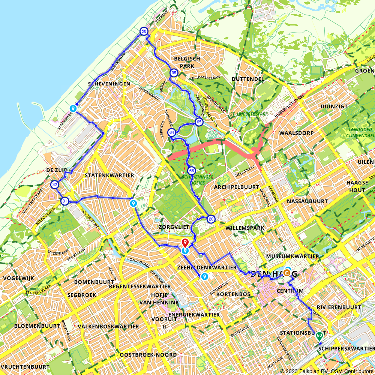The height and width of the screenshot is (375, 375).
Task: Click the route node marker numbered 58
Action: [144, 31]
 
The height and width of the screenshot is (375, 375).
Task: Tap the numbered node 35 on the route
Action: [173, 73]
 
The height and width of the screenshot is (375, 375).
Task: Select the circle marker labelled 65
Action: [199, 122]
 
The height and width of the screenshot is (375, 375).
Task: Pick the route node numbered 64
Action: [172, 132]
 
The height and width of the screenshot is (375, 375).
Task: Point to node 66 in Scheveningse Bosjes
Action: [191, 171]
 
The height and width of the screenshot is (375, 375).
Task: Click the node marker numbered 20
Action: [211, 219]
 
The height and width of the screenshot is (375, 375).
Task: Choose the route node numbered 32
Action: [55, 184]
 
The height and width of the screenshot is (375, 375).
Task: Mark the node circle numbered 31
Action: [65, 201]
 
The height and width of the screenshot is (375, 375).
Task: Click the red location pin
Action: [185, 242]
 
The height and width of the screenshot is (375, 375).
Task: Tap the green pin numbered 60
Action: [319, 335]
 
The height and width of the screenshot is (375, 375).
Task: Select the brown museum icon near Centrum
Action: [287, 272]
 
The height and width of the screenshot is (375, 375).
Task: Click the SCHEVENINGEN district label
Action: [109, 84]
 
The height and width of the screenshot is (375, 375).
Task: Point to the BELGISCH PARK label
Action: [187, 63]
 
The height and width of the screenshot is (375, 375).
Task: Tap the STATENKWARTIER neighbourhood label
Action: [109, 175]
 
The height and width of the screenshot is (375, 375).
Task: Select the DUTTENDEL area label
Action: [248, 79]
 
